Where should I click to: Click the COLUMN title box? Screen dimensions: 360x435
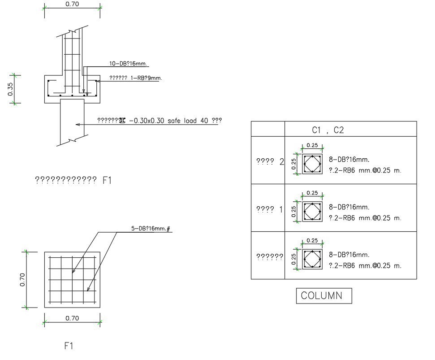(x=324, y=296)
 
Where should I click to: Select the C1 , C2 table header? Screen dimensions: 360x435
(x=327, y=130)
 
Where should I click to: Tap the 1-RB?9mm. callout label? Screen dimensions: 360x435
(x=129, y=78)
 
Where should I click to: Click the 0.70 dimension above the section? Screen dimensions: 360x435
(x=72, y=4)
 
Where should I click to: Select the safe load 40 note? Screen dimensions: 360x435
(x=159, y=121)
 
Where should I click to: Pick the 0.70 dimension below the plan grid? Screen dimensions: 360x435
(x=72, y=318)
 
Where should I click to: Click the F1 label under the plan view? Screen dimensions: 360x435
(x=69, y=346)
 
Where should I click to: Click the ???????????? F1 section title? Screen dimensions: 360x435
(x=73, y=180)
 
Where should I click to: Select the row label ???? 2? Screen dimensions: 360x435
(x=270, y=162)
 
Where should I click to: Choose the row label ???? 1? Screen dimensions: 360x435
(x=270, y=209)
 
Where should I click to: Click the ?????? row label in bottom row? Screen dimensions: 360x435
(x=269, y=257)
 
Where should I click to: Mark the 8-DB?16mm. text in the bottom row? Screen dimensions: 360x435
(x=349, y=255)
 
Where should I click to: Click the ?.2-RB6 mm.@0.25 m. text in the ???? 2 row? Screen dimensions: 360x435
(x=365, y=171)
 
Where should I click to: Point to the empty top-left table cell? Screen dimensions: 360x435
(x=268, y=129)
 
